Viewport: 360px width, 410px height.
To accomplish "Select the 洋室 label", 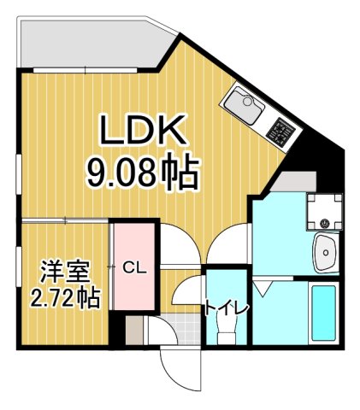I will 64,272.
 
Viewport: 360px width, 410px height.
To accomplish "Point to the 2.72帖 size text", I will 64,299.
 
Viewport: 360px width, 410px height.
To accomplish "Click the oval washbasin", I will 326,251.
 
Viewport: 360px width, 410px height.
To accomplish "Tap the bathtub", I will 324,313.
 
